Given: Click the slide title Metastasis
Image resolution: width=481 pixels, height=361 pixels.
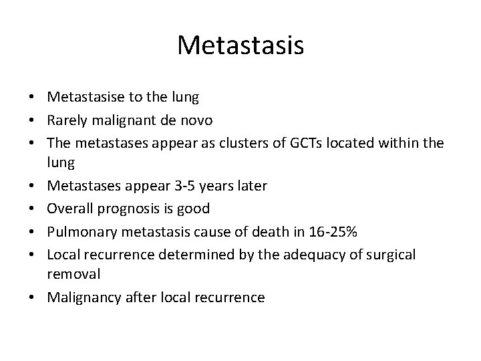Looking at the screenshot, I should (240, 45).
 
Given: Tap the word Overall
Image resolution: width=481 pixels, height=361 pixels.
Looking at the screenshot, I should (71, 209).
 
